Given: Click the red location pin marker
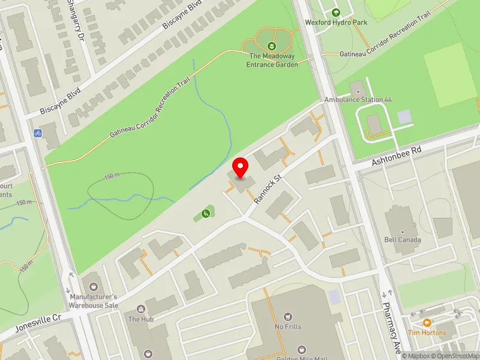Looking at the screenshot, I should (x=241, y=167).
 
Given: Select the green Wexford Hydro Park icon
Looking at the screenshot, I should (x=335, y=13).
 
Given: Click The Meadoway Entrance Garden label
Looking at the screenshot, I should (x=273, y=61).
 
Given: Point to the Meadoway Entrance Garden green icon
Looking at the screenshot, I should (x=272, y=46).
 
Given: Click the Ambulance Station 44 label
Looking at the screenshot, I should (x=358, y=99).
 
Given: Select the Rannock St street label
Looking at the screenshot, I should (x=269, y=188).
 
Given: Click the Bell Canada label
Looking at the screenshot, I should (x=403, y=239).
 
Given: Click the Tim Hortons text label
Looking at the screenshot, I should (x=427, y=332).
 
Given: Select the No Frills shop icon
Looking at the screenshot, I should (x=288, y=316).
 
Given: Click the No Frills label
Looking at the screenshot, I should (x=288, y=326).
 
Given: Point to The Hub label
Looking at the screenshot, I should (x=141, y=319).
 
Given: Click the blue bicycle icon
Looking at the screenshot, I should (x=38, y=133).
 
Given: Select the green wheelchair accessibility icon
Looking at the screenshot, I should (x=206, y=213).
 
